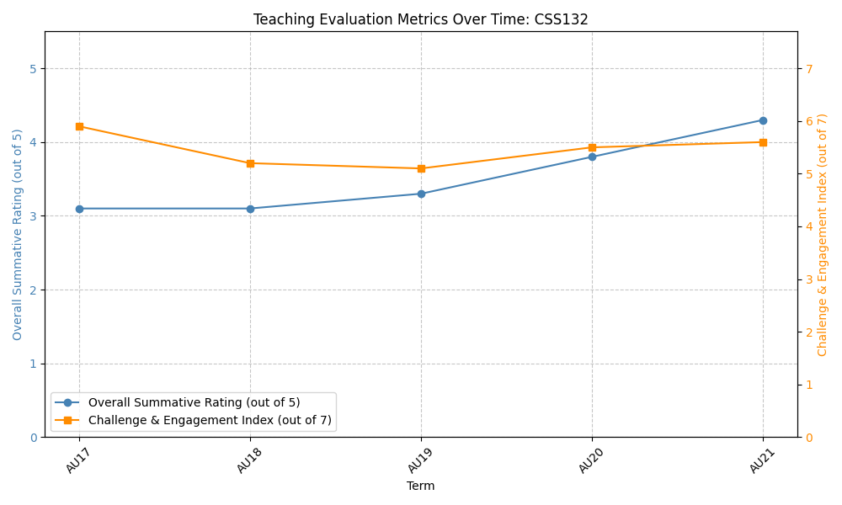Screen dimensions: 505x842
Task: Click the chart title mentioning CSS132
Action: tap(421, 19)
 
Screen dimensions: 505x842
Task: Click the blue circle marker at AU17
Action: tap(79, 209)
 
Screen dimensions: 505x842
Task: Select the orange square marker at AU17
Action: tap(79, 126)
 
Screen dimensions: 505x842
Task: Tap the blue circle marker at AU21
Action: tap(763, 120)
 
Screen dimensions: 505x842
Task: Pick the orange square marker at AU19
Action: tap(421, 168)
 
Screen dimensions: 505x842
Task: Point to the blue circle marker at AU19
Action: tap(421, 194)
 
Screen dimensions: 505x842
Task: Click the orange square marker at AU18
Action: tap(250, 163)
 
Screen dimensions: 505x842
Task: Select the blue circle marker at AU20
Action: tap(592, 157)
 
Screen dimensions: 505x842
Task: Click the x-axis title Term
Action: tap(421, 486)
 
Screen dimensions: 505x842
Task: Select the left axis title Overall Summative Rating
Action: tap(18, 234)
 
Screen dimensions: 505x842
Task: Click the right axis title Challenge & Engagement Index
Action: tap(823, 234)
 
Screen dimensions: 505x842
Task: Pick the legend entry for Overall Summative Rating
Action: tap(194, 402)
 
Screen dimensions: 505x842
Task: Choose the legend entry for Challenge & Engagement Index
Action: tap(210, 420)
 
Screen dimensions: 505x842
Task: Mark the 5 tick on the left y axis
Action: tap(33, 68)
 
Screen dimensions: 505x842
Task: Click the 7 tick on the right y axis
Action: tap(808, 68)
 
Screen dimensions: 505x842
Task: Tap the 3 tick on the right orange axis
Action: tap(808, 279)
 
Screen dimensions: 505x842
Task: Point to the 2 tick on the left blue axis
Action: tap(33, 290)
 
